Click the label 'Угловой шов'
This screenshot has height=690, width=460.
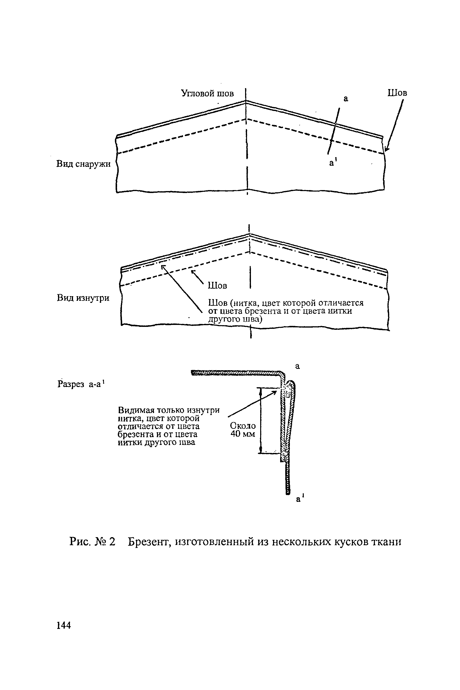pyautogui.click(x=207, y=94)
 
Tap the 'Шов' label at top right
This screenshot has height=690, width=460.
pyautogui.click(x=397, y=93)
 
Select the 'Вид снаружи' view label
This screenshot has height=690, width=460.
pyautogui.click(x=83, y=164)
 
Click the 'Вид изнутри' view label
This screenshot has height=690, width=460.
pyautogui.click(x=83, y=298)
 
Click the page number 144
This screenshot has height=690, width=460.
pyautogui.click(x=64, y=625)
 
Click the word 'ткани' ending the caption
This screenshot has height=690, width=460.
pyautogui.click(x=386, y=541)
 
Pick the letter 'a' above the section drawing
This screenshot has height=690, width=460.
pyautogui.click(x=297, y=366)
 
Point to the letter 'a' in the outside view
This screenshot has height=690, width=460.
pyautogui.click(x=346, y=99)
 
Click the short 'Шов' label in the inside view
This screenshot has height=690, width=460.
pyautogui.click(x=217, y=285)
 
